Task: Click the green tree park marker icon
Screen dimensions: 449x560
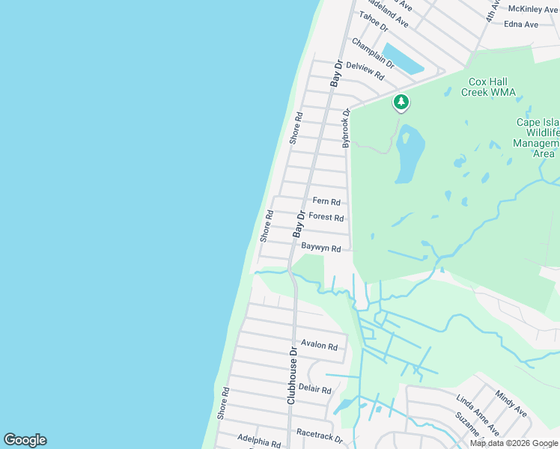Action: (401, 103)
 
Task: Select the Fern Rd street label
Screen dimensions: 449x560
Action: (326, 202)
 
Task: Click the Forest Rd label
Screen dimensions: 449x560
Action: (326, 218)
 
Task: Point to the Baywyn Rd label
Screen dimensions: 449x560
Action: (321, 248)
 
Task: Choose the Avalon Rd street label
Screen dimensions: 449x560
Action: (320, 346)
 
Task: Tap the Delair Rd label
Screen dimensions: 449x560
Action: (314, 389)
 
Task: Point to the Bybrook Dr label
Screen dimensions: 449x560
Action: (346, 128)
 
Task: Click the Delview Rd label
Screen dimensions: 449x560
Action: (365, 71)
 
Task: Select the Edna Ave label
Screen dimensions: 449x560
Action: (522, 24)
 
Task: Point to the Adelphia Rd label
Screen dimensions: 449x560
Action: (258, 441)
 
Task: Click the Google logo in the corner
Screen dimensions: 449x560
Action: (25, 440)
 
